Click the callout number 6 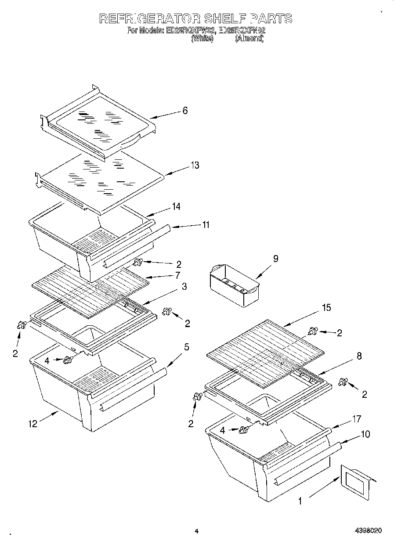tap(185, 111)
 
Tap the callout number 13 tap(195, 165)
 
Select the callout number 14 tap(176, 206)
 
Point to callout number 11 tap(205, 225)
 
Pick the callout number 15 tap(326, 308)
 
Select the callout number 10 tap(365, 434)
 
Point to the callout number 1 tap(300, 500)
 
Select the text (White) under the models tap(202, 39)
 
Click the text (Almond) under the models tap(249, 39)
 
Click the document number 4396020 tap(369, 531)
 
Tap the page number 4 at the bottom tap(196, 531)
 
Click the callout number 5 tap(187, 347)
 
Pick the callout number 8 tap(359, 357)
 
